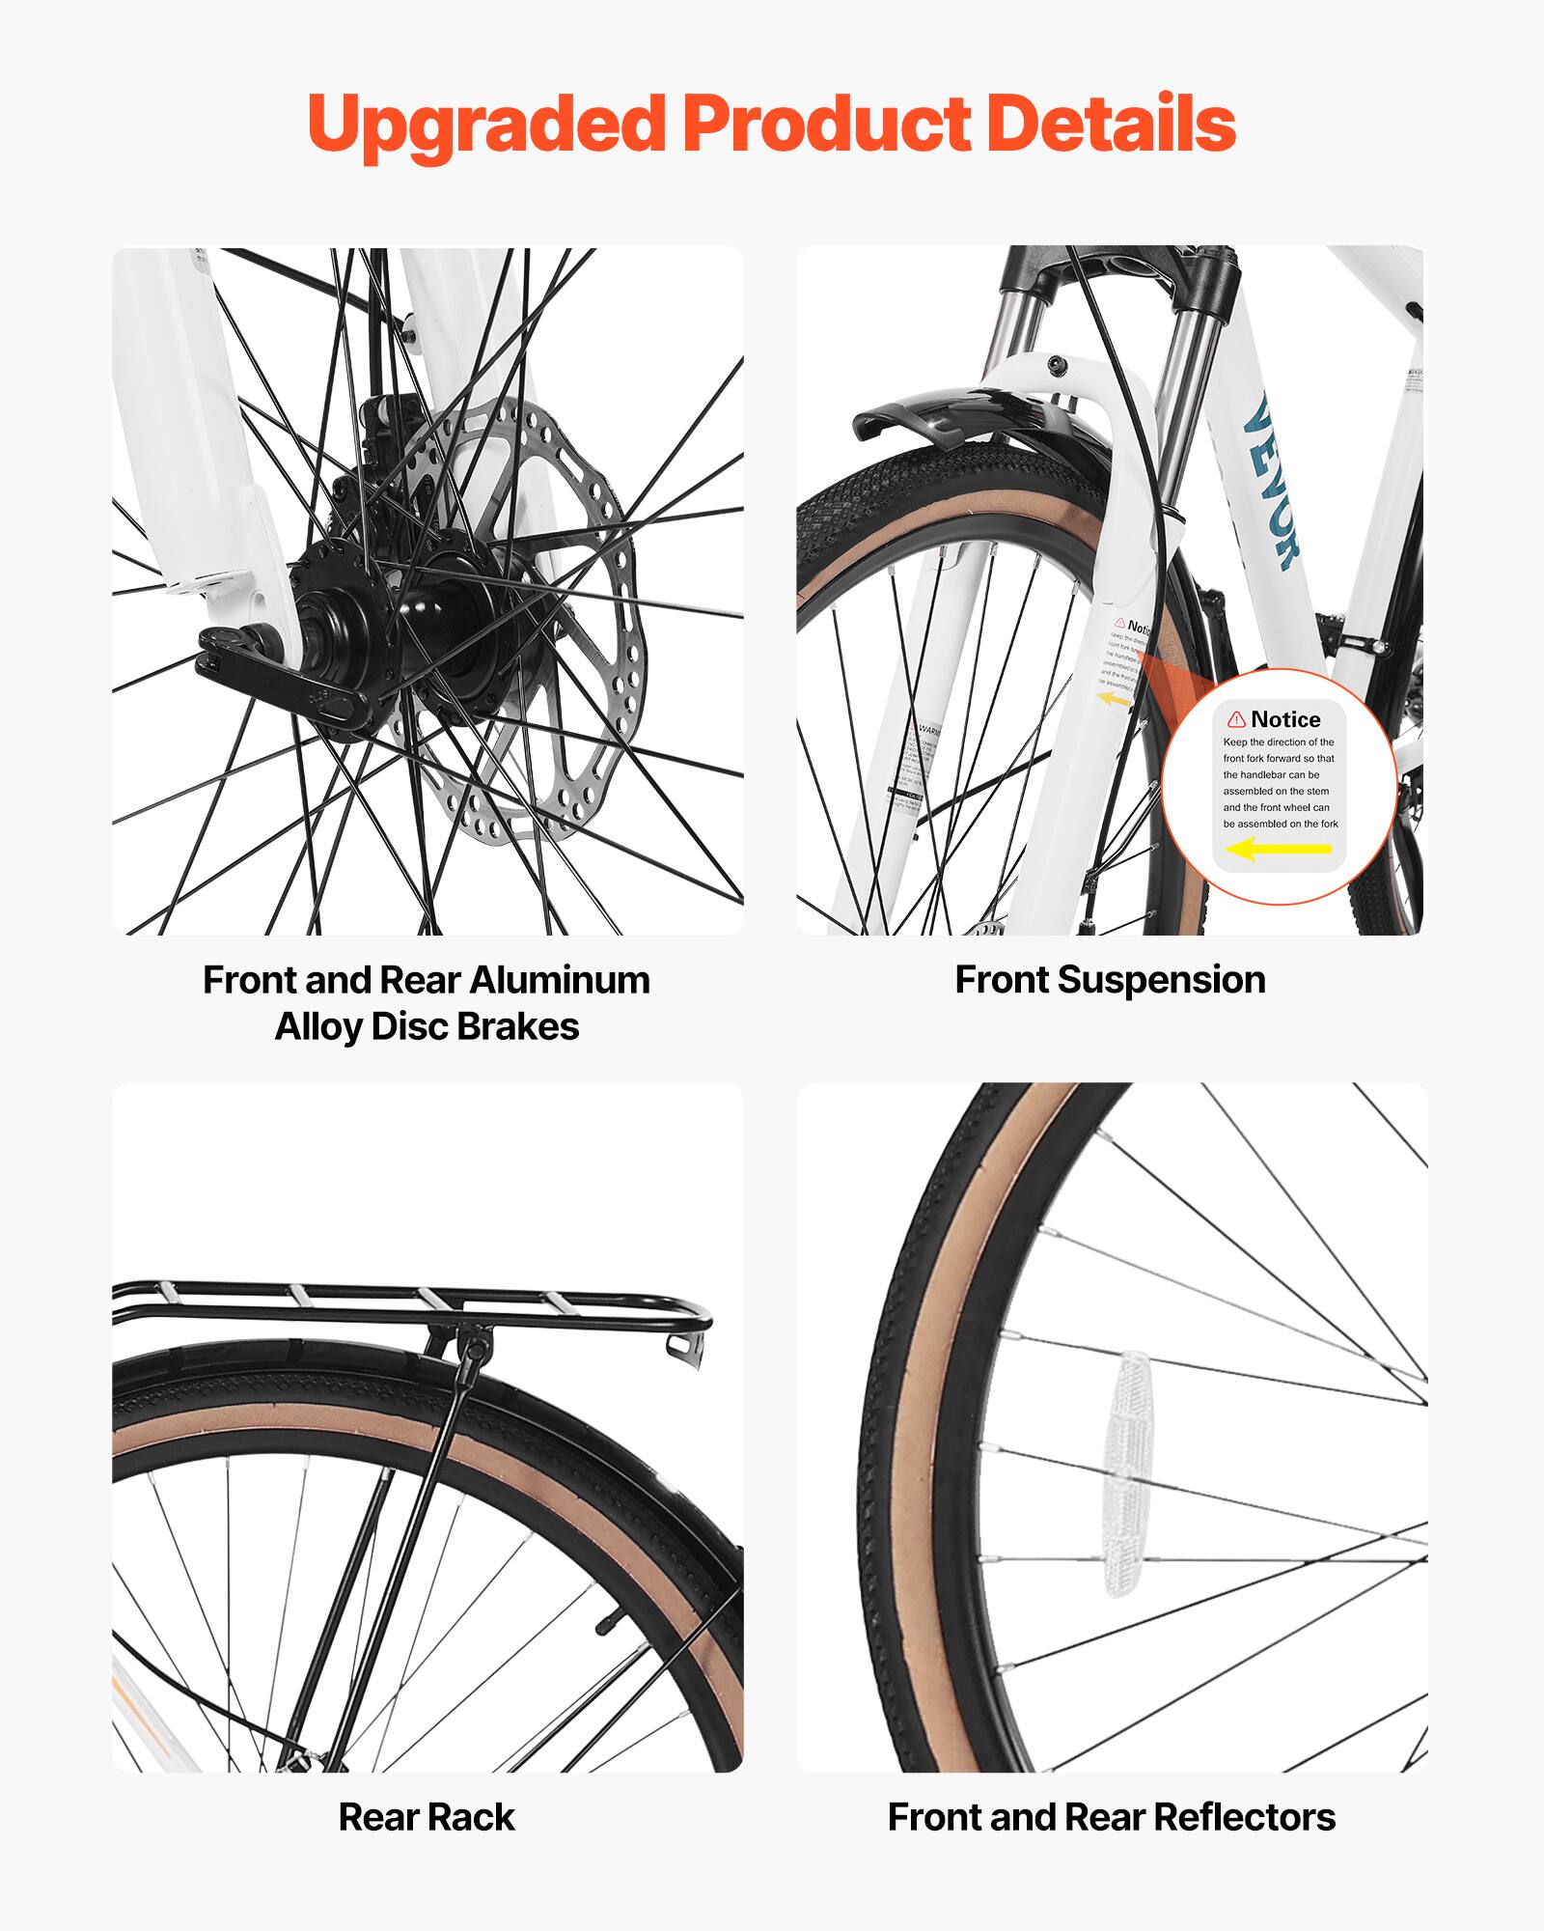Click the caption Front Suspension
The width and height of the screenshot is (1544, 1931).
(1110, 980)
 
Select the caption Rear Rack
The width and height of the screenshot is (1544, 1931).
(427, 1817)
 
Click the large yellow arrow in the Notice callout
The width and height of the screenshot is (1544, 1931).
(1278, 850)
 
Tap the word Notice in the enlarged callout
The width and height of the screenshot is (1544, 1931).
(1285, 719)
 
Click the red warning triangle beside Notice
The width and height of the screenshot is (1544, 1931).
(1236, 719)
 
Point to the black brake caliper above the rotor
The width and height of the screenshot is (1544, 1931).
(386, 434)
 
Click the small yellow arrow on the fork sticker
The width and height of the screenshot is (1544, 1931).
(1115, 698)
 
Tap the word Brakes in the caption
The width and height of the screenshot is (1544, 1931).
(517, 1027)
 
